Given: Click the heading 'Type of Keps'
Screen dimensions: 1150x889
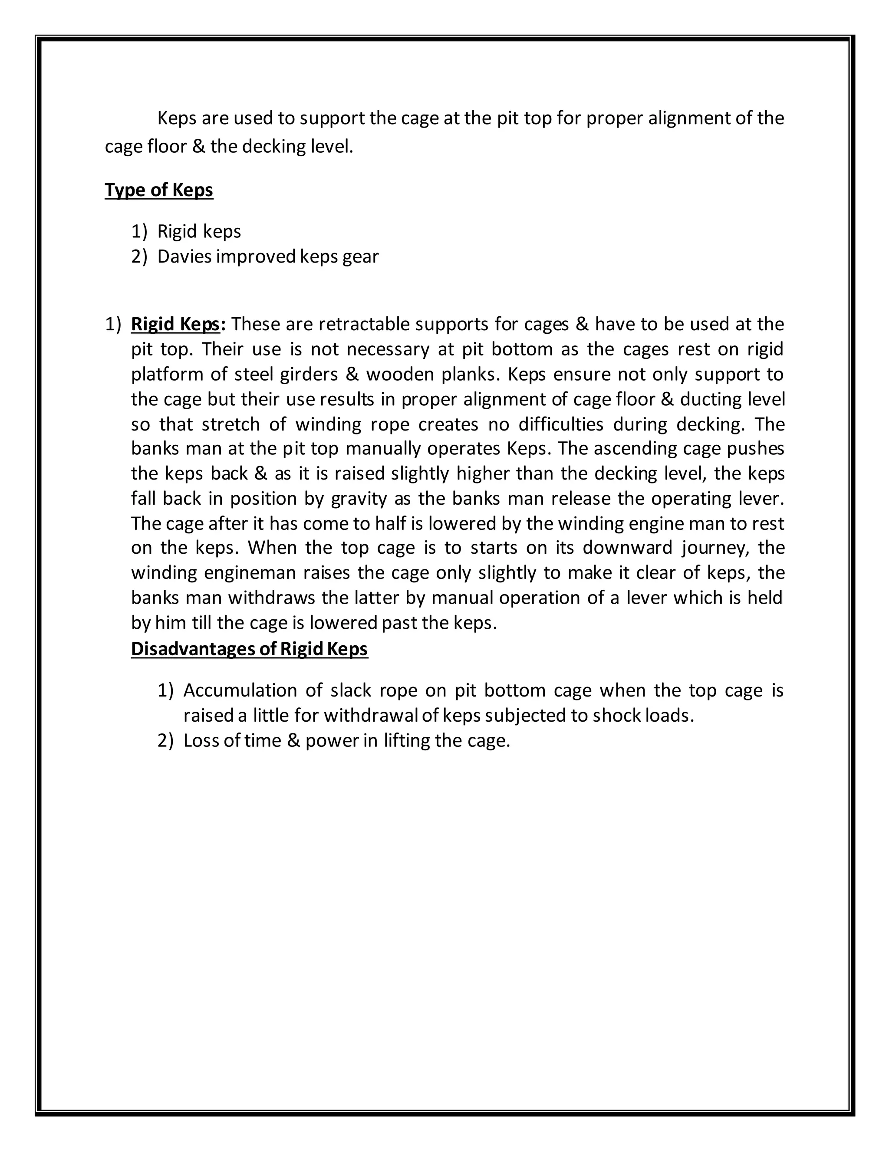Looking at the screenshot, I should (x=158, y=190).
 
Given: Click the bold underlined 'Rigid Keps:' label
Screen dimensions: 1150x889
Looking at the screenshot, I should (x=178, y=324).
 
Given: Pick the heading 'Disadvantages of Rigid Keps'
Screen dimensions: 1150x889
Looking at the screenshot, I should (x=249, y=649).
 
